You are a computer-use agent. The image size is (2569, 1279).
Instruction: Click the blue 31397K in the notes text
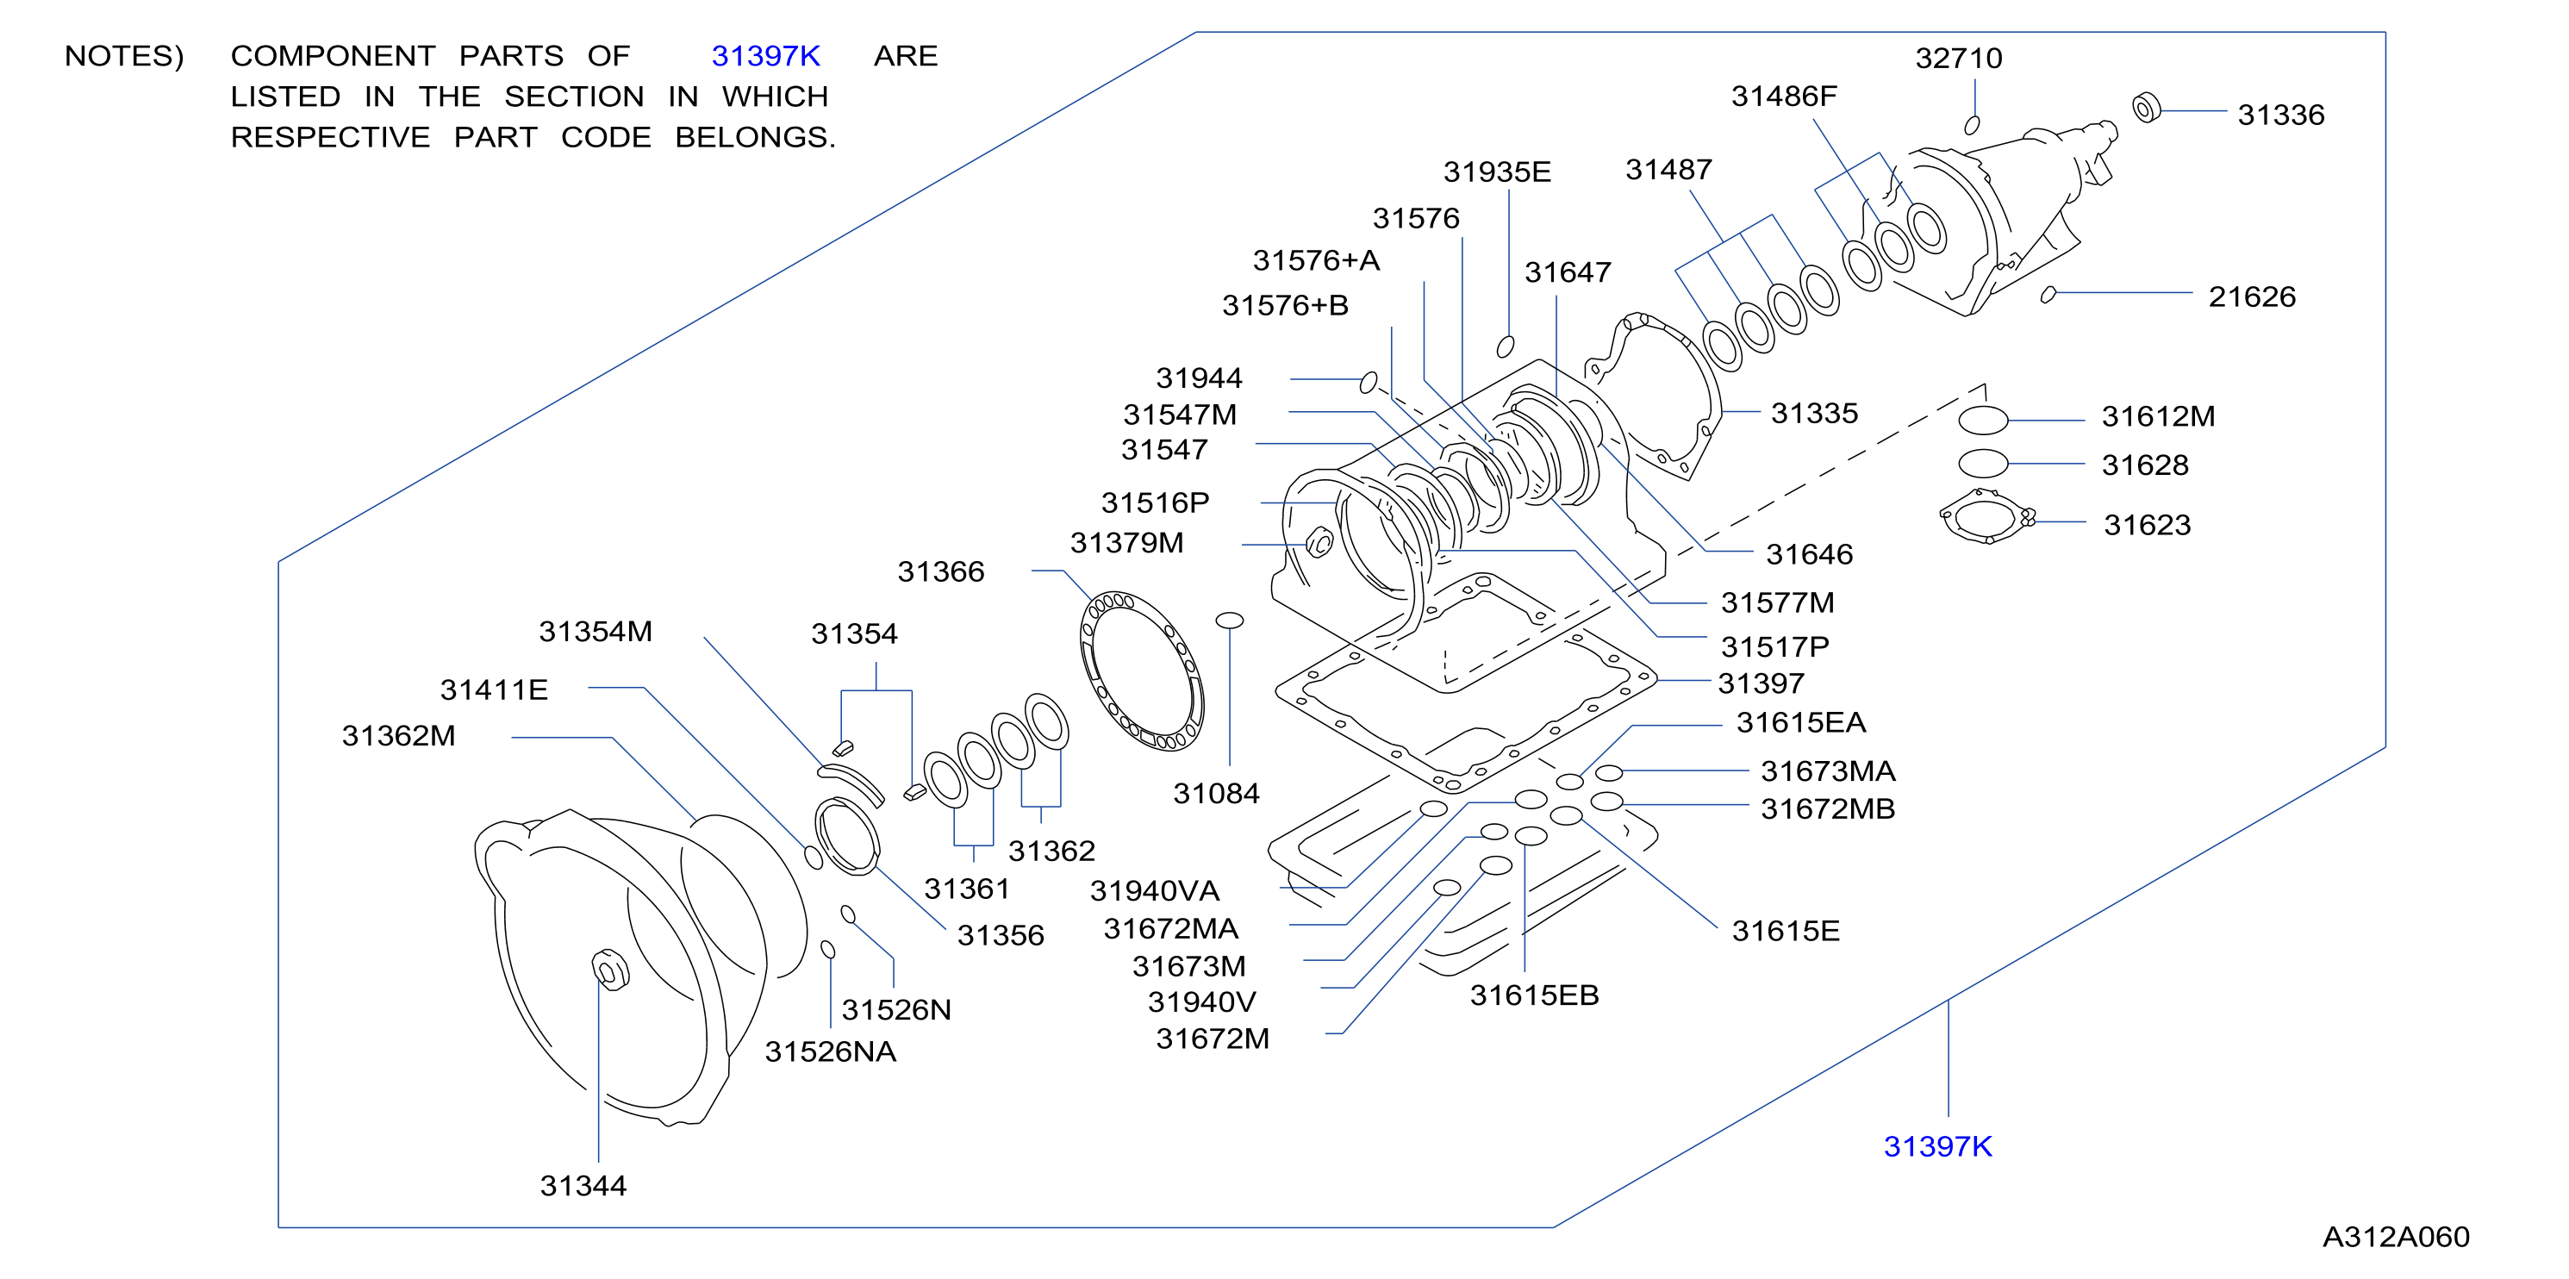(766, 56)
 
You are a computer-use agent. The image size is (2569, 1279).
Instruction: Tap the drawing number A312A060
(2397, 1237)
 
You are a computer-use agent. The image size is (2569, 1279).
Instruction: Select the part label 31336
(2281, 115)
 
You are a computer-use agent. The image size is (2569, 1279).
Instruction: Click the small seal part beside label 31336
(2146, 107)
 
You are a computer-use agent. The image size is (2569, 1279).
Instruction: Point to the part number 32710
(1959, 58)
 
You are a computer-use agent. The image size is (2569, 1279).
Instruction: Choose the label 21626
(2252, 296)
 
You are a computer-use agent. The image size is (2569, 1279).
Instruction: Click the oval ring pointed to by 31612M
(1983, 420)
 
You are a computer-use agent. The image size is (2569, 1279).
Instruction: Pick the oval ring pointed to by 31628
(1983, 464)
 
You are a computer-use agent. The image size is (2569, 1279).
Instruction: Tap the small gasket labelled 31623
(1986, 517)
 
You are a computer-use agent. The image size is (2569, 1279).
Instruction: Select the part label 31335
(1814, 413)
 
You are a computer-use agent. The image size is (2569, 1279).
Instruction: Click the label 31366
(940, 571)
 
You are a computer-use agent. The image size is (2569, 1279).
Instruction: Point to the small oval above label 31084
(1230, 621)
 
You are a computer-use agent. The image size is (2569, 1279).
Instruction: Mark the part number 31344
(583, 1185)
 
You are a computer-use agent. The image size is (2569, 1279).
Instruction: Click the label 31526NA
(830, 1051)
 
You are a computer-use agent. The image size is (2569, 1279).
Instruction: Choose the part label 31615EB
(1534, 995)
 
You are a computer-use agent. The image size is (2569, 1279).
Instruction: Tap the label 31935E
(1497, 172)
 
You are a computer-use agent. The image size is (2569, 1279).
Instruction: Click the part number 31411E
(494, 689)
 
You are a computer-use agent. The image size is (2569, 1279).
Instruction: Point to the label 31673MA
(1827, 771)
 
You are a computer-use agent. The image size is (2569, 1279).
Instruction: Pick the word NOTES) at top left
(125, 56)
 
